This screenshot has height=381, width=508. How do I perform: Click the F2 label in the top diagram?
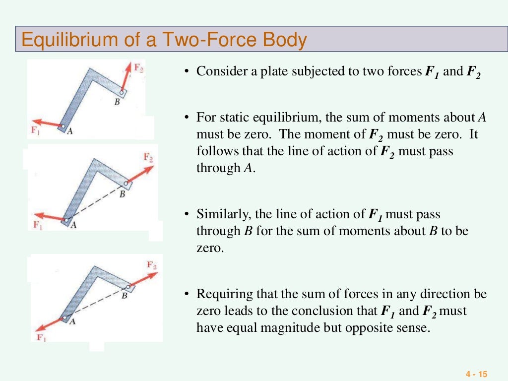(x=140, y=68)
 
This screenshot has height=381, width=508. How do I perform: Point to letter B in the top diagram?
(x=117, y=102)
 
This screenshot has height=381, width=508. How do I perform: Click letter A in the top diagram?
(x=70, y=131)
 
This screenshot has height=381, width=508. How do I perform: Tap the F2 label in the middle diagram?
(x=148, y=157)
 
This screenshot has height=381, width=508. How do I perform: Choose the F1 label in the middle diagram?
(x=38, y=224)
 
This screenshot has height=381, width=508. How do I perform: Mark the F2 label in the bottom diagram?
(x=152, y=264)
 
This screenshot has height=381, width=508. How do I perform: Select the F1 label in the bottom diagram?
(x=42, y=337)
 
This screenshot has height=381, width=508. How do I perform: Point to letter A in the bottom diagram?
(x=71, y=321)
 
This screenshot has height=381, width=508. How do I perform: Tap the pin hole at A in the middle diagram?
(x=65, y=219)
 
